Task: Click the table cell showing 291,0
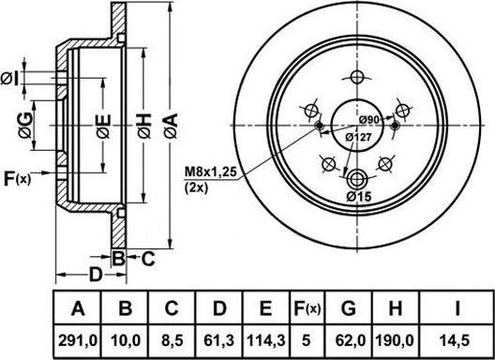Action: (x=77, y=340)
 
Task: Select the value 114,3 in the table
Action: (x=266, y=340)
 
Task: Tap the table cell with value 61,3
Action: (x=218, y=340)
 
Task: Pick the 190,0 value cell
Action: (x=395, y=340)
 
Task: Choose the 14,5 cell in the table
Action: (x=456, y=340)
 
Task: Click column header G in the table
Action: (x=349, y=308)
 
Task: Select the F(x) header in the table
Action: (x=307, y=308)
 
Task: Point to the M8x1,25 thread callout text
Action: (x=210, y=172)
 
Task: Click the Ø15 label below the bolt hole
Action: (x=359, y=197)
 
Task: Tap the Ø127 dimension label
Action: (x=358, y=138)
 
